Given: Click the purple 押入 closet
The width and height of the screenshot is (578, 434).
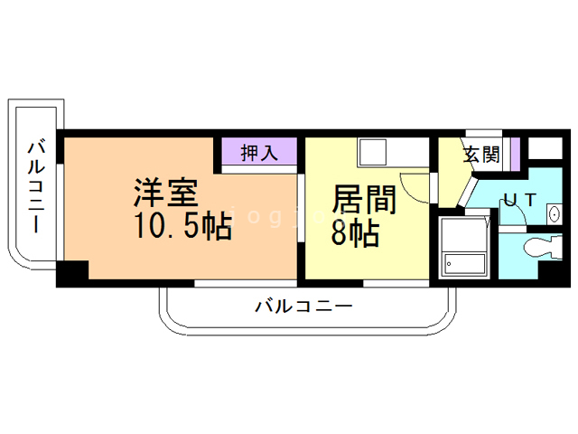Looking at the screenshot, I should (258, 153).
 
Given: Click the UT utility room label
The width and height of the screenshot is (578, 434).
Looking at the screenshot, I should (521, 200).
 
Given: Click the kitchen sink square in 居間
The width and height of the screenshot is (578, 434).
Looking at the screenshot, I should (373, 152).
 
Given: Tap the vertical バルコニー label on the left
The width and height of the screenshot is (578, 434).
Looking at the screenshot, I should (38, 185).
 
